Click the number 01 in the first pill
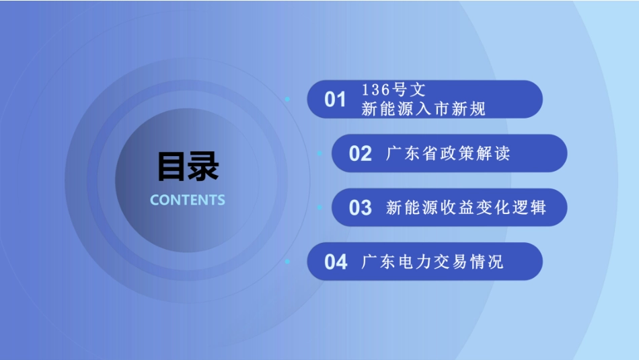335,100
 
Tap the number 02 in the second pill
360,153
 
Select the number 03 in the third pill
360,207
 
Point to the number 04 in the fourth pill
335,262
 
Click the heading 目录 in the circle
188,166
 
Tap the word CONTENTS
188,200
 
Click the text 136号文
393,90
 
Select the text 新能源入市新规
423,109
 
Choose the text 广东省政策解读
448,153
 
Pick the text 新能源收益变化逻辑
465,207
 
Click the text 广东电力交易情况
432,262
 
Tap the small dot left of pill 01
287,99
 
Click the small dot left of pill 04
287,261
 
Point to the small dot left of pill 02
319,153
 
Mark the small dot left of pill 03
319,207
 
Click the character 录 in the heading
203,166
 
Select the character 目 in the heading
172,166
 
